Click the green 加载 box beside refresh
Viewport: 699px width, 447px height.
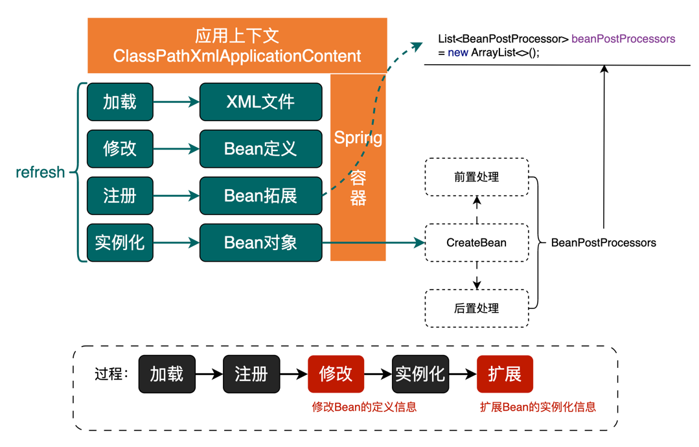(120, 102)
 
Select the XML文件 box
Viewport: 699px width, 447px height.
(260, 102)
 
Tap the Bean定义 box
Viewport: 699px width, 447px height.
(260, 149)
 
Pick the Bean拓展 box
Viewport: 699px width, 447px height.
(260, 196)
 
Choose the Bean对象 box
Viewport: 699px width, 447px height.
(260, 242)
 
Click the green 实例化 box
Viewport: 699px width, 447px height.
(120, 242)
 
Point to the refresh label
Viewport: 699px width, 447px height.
(40, 172)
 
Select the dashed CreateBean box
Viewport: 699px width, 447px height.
(476, 243)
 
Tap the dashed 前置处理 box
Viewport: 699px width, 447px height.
(476, 177)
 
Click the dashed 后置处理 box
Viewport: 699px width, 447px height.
(476, 308)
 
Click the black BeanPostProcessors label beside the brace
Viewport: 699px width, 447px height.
(603, 243)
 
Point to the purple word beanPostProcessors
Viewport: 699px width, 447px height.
(623, 39)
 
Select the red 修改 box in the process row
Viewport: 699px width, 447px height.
(336, 374)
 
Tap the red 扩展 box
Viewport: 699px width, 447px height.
(505, 374)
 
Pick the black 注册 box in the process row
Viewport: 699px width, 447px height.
(251, 374)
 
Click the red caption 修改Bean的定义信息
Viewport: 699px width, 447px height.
(364, 407)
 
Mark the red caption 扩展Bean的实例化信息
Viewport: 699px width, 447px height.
(538, 407)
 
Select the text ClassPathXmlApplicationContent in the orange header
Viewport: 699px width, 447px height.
(237, 56)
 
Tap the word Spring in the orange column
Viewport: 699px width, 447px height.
(358, 138)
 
